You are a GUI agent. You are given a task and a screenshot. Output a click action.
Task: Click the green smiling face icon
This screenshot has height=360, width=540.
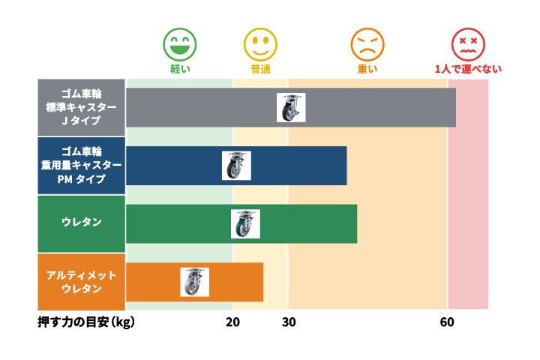180,44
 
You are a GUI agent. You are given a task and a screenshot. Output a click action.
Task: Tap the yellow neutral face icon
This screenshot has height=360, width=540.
260,44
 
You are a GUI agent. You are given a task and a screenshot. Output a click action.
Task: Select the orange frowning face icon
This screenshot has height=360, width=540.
367,44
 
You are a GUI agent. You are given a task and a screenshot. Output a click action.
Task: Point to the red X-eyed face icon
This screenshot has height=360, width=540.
467,44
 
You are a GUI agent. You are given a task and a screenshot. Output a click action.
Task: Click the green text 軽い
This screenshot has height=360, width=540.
180,69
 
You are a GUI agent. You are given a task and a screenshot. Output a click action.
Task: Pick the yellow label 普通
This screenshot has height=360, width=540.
260,69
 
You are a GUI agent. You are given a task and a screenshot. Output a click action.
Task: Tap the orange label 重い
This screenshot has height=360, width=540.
367,69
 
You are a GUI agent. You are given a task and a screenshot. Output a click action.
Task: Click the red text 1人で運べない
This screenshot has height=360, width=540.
467,69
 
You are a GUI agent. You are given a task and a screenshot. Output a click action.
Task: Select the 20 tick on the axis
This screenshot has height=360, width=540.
232,322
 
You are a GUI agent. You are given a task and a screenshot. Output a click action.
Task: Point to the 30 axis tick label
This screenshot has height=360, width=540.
289,322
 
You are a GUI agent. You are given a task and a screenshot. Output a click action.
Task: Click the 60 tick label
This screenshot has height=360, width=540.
447,322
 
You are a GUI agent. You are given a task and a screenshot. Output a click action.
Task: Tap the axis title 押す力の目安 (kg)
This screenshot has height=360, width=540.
86,322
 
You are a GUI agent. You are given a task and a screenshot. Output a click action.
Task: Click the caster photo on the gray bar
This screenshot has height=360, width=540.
291,107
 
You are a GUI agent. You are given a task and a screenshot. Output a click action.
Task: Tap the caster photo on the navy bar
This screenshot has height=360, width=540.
236,166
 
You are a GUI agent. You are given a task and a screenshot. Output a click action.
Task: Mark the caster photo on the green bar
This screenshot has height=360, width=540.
245,223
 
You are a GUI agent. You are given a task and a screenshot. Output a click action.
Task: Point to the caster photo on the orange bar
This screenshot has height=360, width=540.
194,282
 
